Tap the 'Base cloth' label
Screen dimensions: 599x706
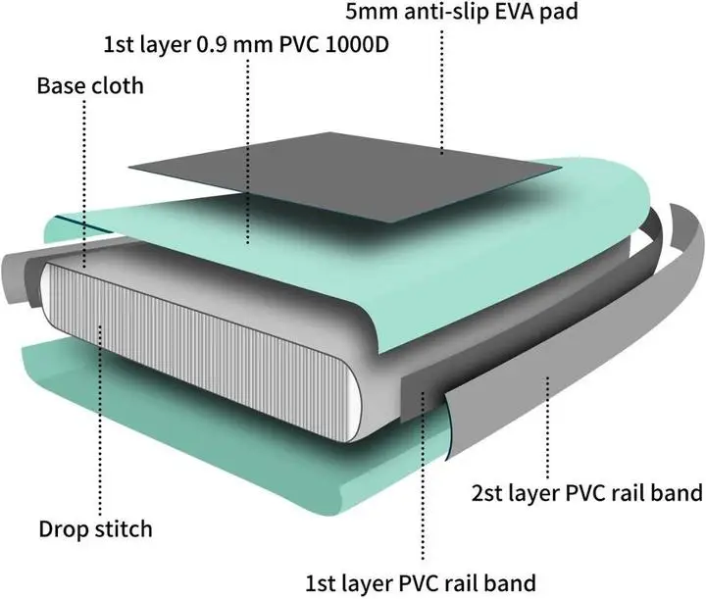(x=89, y=85)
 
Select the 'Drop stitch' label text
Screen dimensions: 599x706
(x=95, y=529)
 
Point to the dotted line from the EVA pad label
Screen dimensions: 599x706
(x=441, y=88)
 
